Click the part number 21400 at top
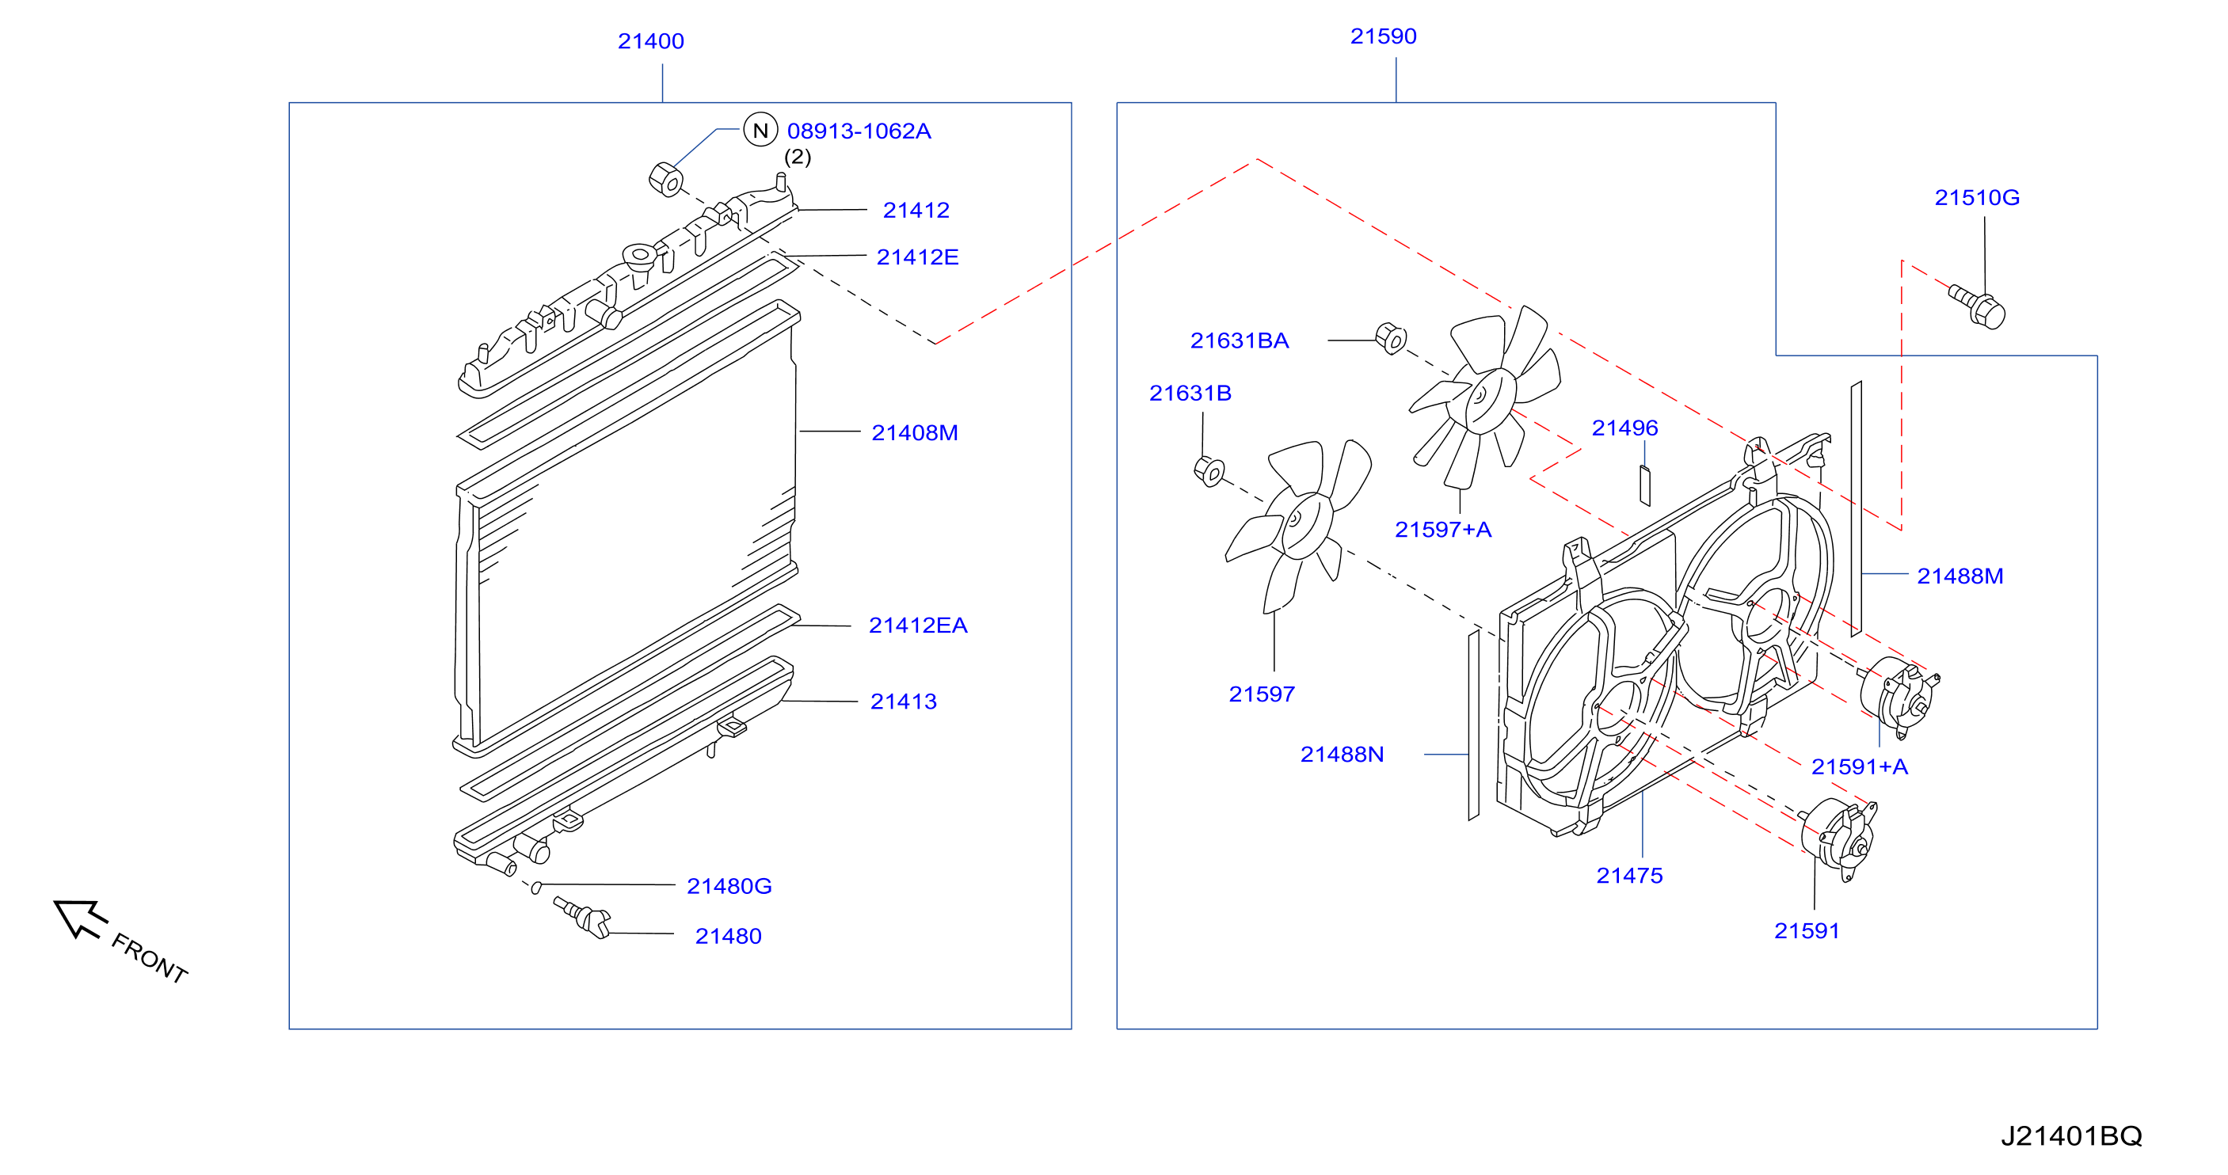coord(650,40)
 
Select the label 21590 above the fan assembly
coord(1383,36)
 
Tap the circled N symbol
coord(760,130)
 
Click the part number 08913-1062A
coord(859,131)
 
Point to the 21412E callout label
coord(917,257)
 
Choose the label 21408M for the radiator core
coord(914,432)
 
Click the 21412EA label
coord(918,626)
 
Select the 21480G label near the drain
coord(729,885)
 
